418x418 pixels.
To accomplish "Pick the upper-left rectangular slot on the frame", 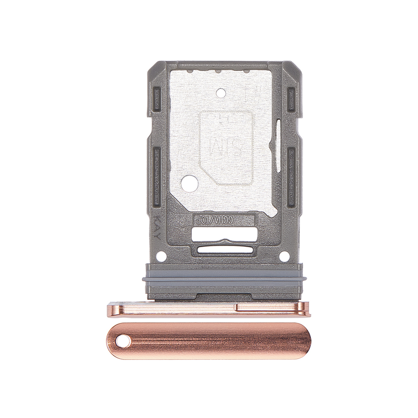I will point(156,95).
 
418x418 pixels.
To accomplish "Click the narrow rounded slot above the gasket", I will point(225,248).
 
